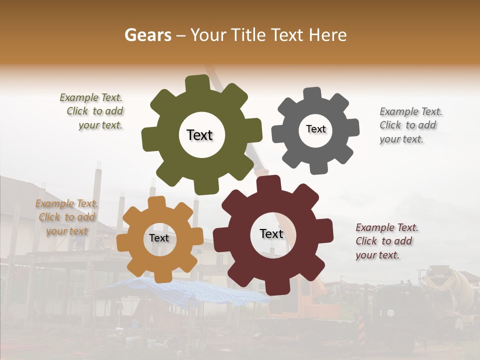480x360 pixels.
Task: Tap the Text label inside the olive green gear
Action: coord(199,135)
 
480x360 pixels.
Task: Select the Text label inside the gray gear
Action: coord(315,129)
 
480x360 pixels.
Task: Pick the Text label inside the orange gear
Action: coord(159,238)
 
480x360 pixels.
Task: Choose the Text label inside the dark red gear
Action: coord(271,234)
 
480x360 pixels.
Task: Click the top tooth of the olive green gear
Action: coord(197,82)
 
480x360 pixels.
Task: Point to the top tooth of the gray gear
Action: coord(312,93)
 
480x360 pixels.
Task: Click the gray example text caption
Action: coord(410,125)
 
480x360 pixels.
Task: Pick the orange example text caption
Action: coord(67,217)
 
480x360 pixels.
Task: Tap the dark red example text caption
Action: coord(386,241)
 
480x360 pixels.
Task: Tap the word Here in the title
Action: coord(328,35)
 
